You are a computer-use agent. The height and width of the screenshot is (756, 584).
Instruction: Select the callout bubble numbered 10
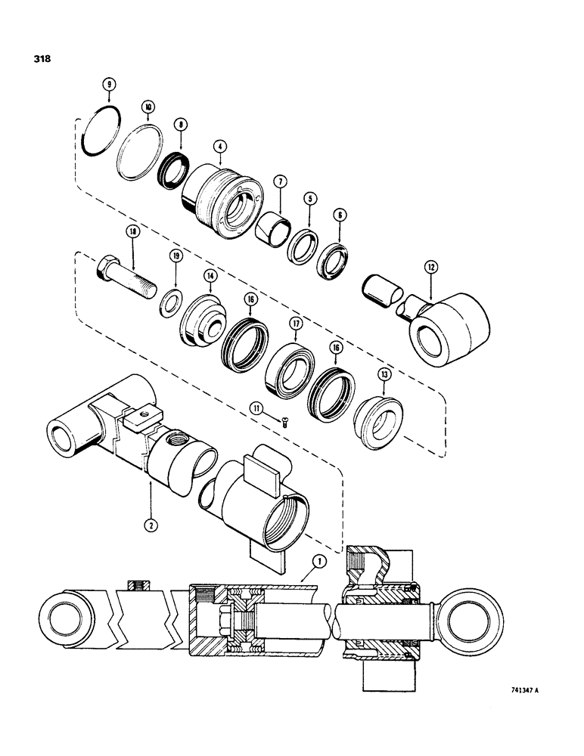[149, 108]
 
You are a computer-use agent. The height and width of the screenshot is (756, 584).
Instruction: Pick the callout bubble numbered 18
[134, 236]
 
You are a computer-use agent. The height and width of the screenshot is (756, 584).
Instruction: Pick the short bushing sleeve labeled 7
[270, 226]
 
